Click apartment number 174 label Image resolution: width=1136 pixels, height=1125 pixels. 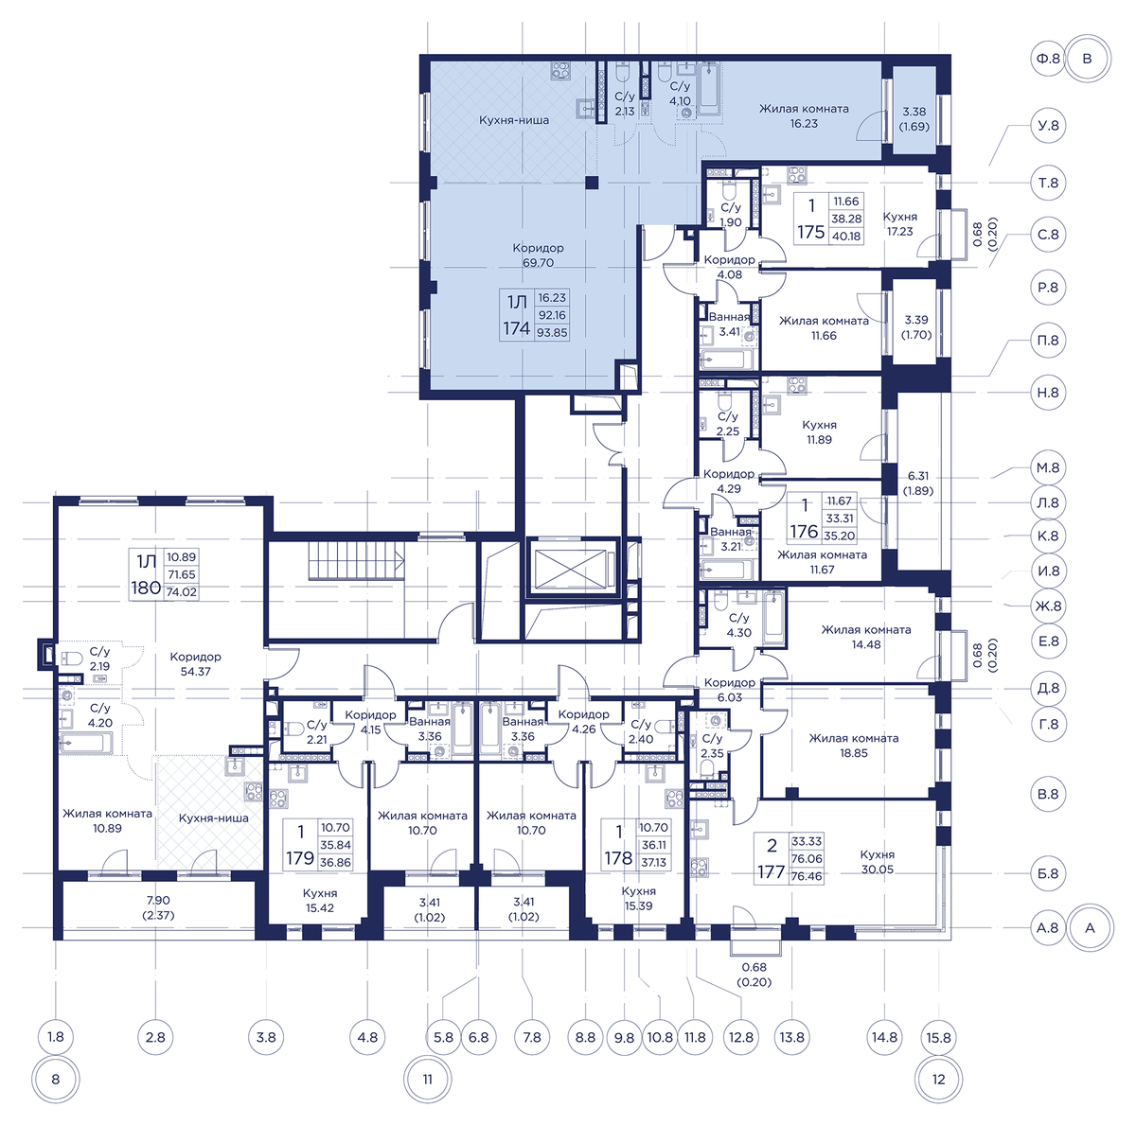517,328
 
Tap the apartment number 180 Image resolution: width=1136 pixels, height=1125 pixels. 146,588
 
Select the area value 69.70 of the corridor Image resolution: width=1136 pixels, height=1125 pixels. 538,263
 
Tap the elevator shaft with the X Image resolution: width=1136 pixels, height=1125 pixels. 570,568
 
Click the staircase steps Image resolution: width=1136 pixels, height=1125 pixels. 357,560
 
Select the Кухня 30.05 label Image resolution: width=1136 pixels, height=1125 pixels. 878,862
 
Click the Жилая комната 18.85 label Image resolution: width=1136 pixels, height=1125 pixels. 854,746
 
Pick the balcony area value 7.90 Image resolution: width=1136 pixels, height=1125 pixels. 158,901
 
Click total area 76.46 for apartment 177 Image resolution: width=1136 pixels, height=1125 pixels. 807,876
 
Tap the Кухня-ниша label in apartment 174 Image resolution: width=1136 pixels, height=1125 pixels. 514,120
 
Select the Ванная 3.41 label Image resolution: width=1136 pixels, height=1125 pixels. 730,325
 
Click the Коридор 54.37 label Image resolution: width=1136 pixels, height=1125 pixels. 195,663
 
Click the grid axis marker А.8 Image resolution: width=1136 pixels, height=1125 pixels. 1048,927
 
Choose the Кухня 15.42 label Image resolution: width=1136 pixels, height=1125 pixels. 320,901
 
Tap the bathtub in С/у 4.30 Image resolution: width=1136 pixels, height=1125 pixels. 773,618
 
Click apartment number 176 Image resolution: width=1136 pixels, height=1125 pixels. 804,532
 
